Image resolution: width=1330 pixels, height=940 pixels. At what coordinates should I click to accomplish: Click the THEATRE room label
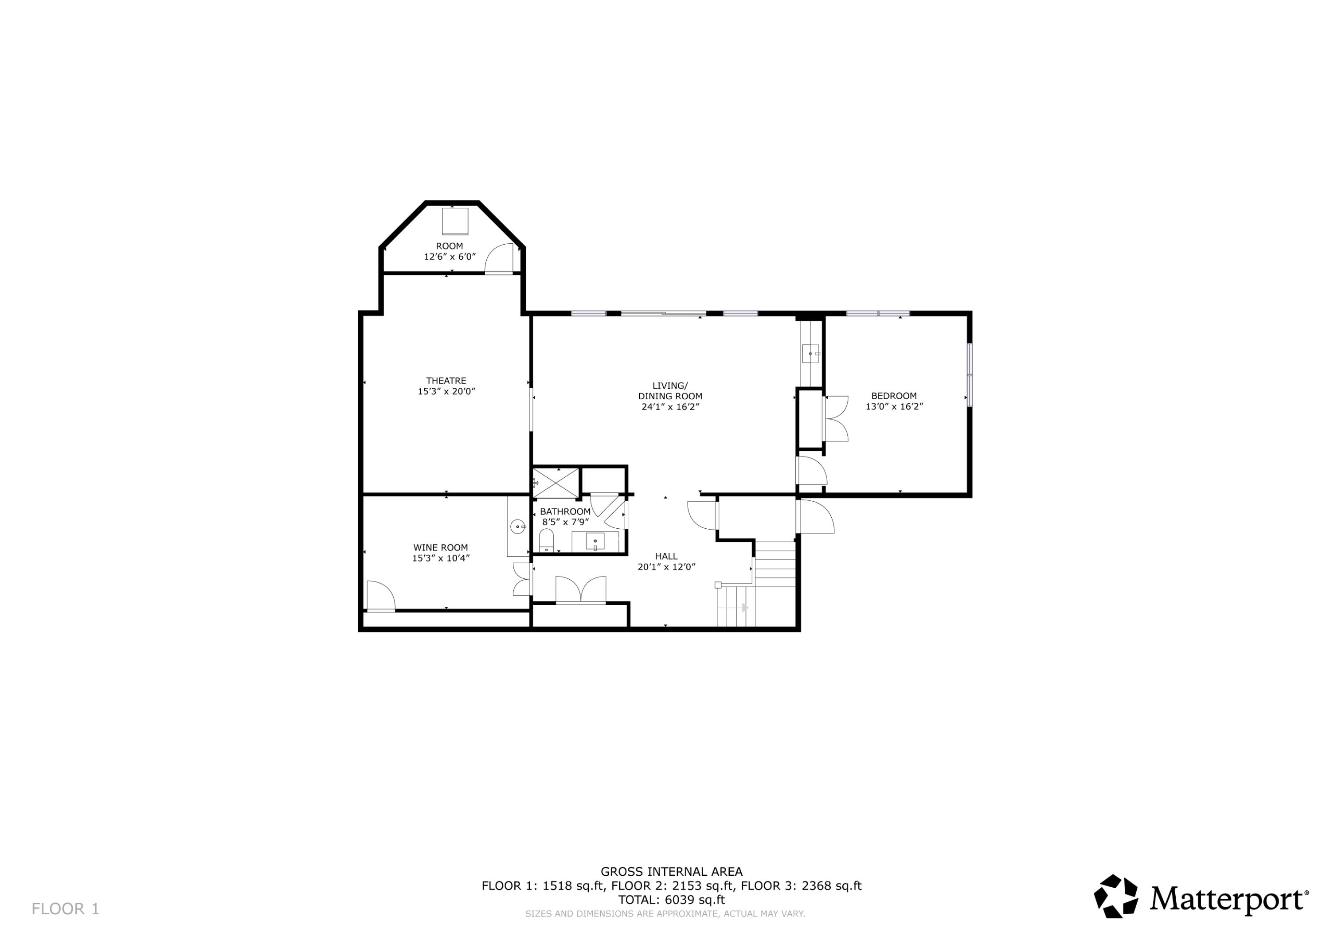click(x=446, y=381)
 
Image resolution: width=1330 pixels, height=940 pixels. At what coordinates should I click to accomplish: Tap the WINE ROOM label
click(x=440, y=547)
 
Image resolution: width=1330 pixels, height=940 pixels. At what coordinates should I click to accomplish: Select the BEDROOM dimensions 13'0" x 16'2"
click(x=894, y=406)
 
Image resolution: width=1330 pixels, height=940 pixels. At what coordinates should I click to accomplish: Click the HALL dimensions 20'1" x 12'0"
click(x=666, y=567)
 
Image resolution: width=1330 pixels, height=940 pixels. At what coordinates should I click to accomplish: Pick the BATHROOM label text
click(x=565, y=511)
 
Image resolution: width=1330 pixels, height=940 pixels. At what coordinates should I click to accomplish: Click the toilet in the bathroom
click(x=546, y=541)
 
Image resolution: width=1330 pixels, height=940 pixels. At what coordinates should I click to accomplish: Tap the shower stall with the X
click(x=555, y=482)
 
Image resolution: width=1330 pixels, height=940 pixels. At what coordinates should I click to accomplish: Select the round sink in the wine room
click(x=517, y=527)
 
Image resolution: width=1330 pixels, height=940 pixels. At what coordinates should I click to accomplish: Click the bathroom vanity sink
click(x=595, y=542)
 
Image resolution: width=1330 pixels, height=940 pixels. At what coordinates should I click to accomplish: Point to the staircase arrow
click(x=745, y=608)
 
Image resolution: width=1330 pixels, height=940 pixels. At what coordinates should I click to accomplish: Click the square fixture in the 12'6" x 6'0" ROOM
click(x=455, y=221)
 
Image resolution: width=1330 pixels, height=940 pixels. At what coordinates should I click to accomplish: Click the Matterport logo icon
click(x=1115, y=896)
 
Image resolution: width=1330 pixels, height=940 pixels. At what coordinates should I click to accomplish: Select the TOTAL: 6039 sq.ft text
click(x=671, y=900)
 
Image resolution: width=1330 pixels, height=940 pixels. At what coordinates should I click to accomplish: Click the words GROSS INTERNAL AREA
click(x=671, y=871)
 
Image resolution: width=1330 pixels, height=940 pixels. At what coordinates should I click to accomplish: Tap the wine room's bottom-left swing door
click(x=380, y=596)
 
